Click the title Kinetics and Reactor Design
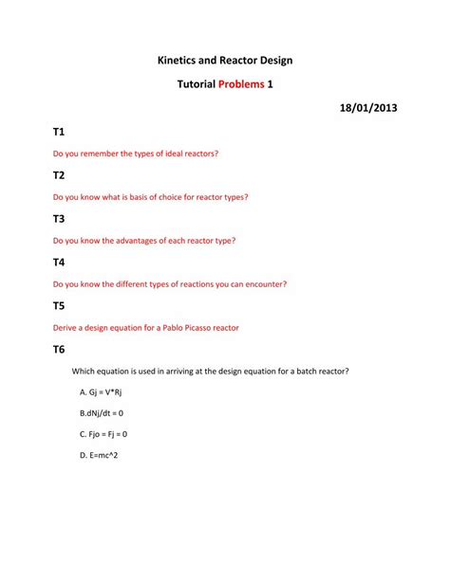[225, 61]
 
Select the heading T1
[59, 132]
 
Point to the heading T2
[59, 175]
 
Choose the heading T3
[59, 219]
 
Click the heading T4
[59, 263]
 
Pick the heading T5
[59, 306]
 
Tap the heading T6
[59, 350]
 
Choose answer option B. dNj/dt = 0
[102, 413]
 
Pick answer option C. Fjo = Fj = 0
[103, 434]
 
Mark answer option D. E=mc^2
[99, 455]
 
